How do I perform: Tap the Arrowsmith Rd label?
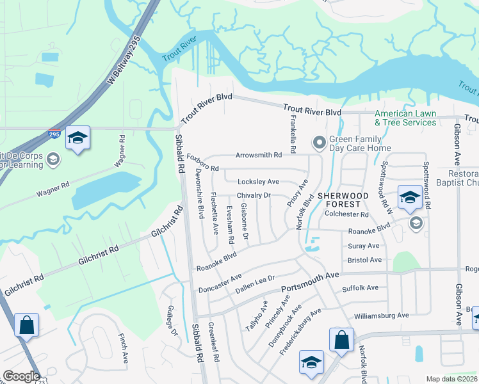tap(259, 156)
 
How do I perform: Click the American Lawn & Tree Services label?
tap(405, 118)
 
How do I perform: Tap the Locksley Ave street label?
tap(258, 182)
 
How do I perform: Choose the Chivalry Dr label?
tap(254, 195)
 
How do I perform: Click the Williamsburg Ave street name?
tap(382, 316)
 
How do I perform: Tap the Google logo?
tap(20, 376)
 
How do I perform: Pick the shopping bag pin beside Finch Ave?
tap(28, 324)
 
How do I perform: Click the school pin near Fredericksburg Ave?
tap(311, 362)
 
